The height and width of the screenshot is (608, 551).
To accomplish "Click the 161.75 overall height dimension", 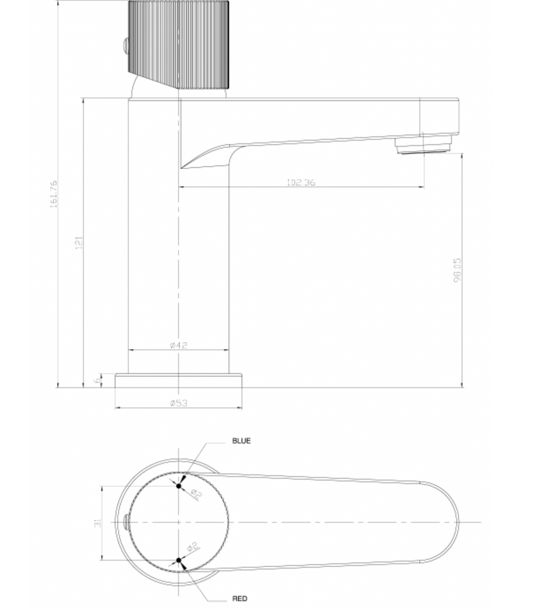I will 54,194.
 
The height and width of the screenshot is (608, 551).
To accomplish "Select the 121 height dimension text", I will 79,243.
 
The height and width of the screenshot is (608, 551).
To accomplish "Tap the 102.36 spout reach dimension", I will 300,182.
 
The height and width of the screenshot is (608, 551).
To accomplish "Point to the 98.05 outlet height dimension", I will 457,270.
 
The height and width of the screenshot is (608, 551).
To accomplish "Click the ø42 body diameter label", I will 178,345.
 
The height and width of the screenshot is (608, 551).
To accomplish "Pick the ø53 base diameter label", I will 178,403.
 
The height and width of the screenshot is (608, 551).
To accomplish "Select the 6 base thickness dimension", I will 97,380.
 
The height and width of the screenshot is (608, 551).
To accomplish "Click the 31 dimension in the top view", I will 97,522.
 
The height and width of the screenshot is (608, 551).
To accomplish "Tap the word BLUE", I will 241,441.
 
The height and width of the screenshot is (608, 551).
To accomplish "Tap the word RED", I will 239,598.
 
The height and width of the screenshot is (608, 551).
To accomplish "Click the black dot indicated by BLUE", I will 179,486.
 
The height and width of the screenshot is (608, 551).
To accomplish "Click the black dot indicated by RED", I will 179,560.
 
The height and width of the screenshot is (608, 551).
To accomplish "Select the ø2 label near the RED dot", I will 194,548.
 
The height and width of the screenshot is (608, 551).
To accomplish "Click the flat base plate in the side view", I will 178,380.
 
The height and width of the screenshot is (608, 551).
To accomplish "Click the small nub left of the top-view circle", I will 126,521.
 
